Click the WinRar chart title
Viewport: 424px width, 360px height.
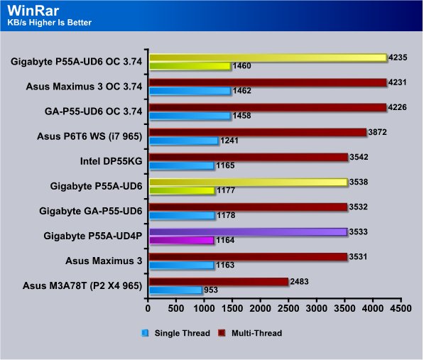coord(33,11)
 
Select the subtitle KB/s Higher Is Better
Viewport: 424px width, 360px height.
coord(50,23)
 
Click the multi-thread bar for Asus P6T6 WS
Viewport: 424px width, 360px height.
coord(258,133)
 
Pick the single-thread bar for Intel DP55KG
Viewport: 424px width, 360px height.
coord(182,165)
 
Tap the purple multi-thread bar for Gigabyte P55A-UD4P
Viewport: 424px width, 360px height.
coord(249,232)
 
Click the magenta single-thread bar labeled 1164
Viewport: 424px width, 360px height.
coord(182,240)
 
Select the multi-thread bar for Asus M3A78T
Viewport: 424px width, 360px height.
coord(219,282)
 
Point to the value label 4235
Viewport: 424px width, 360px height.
coord(398,58)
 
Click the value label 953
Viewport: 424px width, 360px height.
coord(211,290)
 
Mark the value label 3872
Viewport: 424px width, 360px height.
coord(377,132)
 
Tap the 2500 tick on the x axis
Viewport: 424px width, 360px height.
coord(288,308)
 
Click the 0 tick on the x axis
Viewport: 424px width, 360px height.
coord(148,308)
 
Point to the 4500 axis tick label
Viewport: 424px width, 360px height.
coord(401,308)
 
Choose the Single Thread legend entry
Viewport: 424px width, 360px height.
coord(176,333)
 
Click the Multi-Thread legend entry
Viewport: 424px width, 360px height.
coord(250,333)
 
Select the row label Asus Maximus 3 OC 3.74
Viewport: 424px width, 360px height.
coord(84,87)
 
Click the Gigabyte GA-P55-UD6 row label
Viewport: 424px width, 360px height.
coord(91,211)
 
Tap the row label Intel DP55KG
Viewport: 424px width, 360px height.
coord(111,161)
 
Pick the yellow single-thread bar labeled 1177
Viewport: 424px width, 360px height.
coord(182,190)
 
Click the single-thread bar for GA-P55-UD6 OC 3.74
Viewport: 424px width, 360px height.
coord(190,116)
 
